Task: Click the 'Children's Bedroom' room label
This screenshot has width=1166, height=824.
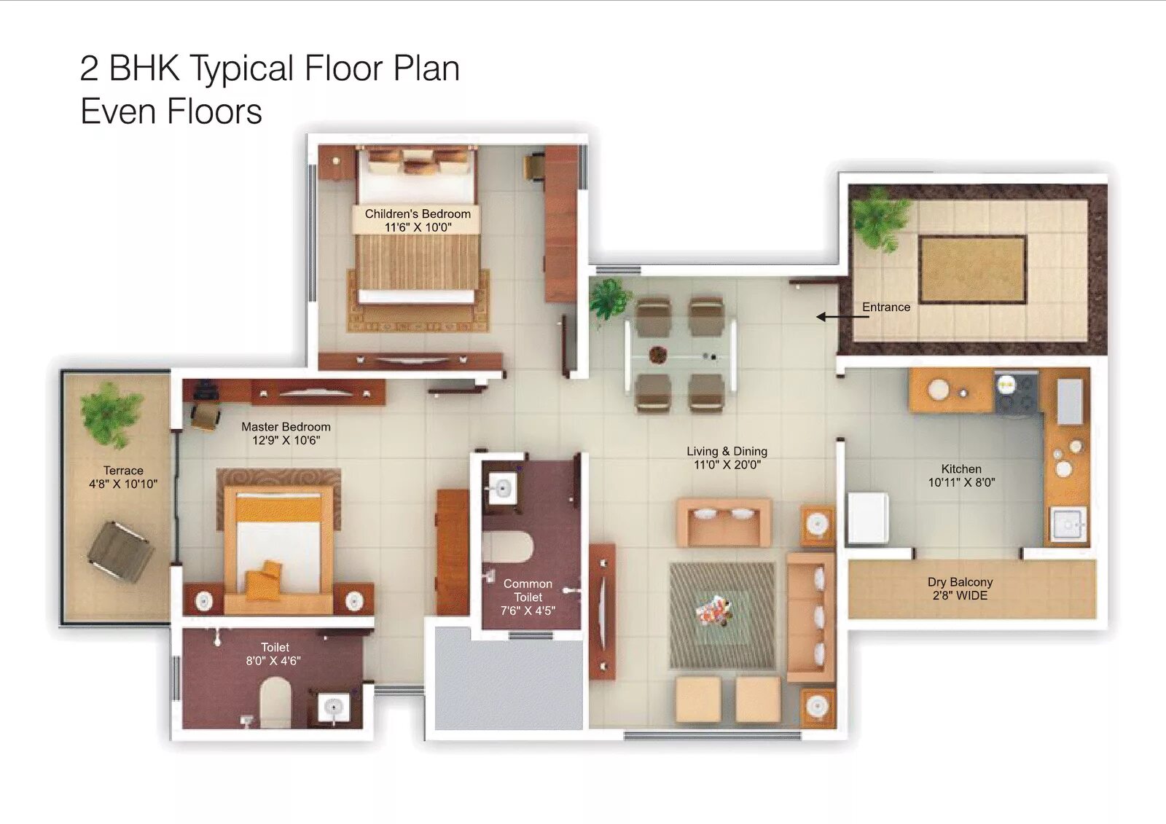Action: (418, 214)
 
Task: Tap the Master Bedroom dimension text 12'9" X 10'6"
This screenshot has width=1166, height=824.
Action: (286, 440)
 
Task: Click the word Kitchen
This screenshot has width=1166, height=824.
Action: (961, 469)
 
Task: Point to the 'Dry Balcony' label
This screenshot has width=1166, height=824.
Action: (960, 582)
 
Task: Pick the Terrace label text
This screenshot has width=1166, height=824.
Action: (123, 471)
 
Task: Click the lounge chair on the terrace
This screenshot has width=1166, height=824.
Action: (120, 552)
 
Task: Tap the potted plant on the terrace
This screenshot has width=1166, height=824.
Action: (111, 415)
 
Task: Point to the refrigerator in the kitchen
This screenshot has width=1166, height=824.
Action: (866, 518)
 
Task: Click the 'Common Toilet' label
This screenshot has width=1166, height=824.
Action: (528, 591)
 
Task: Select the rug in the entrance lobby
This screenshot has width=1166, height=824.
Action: (972, 269)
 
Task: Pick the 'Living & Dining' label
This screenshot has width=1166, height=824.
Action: (727, 451)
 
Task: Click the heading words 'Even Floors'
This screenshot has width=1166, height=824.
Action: (171, 111)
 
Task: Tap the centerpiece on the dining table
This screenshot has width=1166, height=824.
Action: (658, 355)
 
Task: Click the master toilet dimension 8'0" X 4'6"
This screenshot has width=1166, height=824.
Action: (273, 661)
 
